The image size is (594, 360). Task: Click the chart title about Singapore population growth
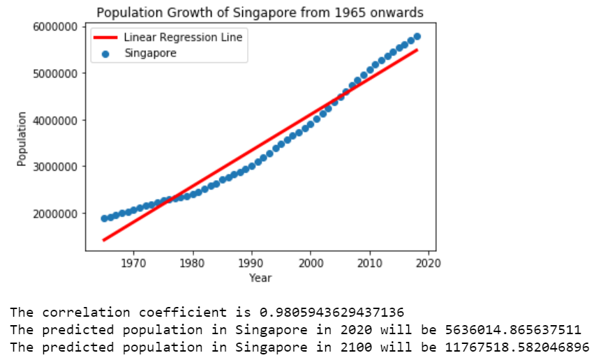point(260,13)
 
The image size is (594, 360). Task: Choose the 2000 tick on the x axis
point(310,263)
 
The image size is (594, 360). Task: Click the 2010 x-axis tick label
point(369,263)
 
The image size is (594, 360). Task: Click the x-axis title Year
point(260,278)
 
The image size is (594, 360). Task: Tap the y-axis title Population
point(22,138)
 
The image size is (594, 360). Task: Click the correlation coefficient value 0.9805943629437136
point(335,311)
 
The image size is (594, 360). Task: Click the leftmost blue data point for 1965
point(104,218)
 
